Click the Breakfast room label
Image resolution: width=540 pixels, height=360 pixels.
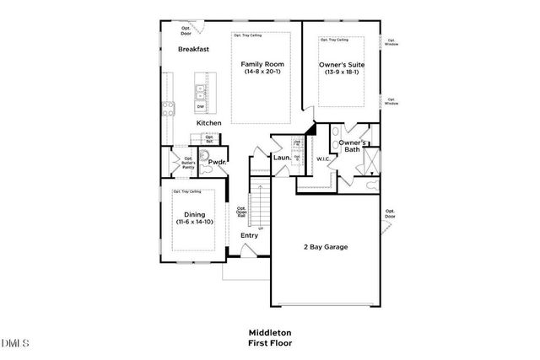pyautogui.click(x=193, y=50)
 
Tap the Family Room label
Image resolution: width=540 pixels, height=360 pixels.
pyautogui.click(x=262, y=65)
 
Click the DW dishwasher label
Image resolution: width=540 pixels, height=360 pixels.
pyautogui.click(x=201, y=107)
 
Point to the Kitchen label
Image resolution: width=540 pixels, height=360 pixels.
pyautogui.click(x=209, y=123)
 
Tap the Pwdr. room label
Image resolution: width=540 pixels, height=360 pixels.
pyautogui.click(x=216, y=161)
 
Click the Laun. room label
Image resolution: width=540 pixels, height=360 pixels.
pyautogui.click(x=282, y=158)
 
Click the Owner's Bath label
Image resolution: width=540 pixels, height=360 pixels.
pyautogui.click(x=353, y=147)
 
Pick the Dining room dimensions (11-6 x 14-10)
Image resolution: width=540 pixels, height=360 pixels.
pyautogui.click(x=195, y=222)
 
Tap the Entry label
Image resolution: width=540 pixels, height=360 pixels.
pyautogui.click(x=249, y=235)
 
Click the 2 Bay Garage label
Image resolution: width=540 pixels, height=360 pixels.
pyautogui.click(x=326, y=247)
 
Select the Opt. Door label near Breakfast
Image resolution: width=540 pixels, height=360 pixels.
pyautogui.click(x=186, y=30)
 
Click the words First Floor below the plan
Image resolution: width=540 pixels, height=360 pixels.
pyautogui.click(x=269, y=344)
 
